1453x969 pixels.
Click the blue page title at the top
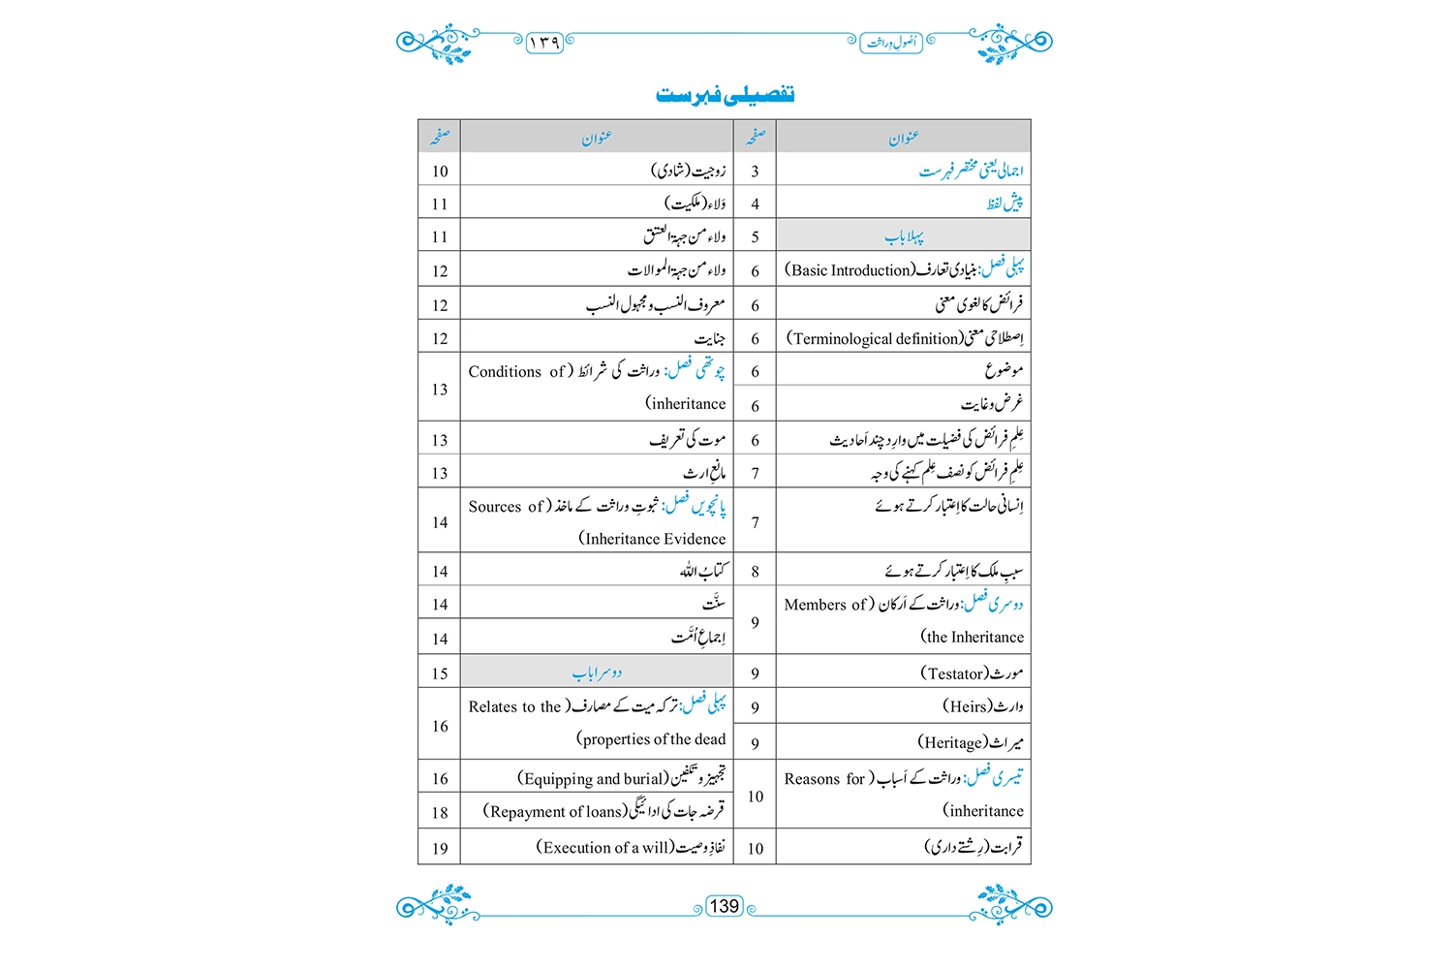click(725, 94)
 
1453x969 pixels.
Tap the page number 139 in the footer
click(725, 906)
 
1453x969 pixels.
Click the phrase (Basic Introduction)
click(850, 270)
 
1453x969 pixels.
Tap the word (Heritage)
click(953, 742)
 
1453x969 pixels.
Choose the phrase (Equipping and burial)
click(593, 778)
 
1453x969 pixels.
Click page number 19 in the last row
click(440, 848)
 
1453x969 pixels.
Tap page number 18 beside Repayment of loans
click(440, 812)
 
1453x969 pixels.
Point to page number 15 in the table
click(440, 673)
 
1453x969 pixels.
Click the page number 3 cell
click(755, 172)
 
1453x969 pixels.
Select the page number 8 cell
click(755, 572)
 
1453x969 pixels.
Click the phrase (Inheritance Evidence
click(652, 539)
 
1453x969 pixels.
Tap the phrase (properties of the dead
click(651, 739)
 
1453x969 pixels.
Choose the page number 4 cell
click(755, 204)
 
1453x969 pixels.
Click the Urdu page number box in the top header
click(544, 42)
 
